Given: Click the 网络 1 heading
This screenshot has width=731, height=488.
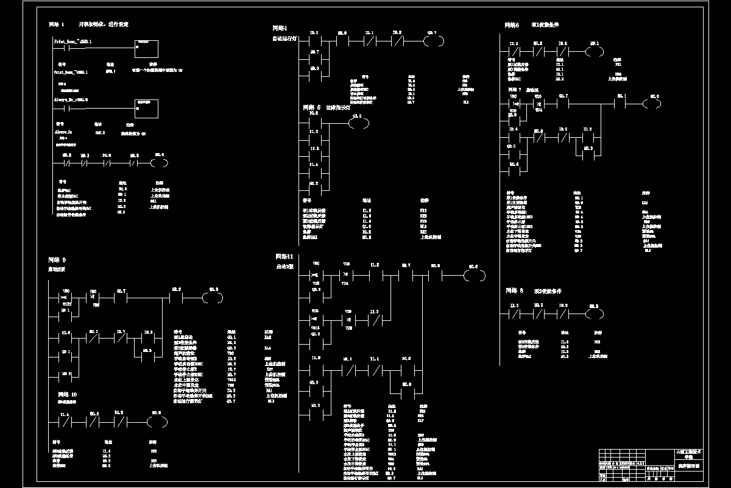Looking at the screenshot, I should pyautogui.click(x=57, y=25).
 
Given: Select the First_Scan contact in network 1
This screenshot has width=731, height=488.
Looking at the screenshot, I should pyautogui.click(x=63, y=48).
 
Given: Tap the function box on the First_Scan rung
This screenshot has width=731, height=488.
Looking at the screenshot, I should pyautogui.click(x=146, y=48).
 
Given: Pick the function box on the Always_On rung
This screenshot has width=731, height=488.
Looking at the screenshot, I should pyautogui.click(x=146, y=109).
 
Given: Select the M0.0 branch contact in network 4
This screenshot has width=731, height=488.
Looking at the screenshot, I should pyautogui.click(x=315, y=76).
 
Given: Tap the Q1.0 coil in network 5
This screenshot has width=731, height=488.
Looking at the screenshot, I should pyautogui.click(x=358, y=124).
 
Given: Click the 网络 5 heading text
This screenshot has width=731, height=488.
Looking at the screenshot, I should pyautogui.click(x=312, y=107).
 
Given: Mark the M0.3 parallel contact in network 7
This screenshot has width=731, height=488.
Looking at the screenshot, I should pyautogui.click(x=588, y=156).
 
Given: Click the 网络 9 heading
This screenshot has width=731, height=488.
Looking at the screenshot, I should pyautogui.click(x=57, y=259).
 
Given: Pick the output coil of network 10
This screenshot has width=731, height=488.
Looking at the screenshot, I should pyautogui.click(x=157, y=421).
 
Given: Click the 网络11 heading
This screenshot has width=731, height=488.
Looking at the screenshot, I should pyautogui.click(x=284, y=256).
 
